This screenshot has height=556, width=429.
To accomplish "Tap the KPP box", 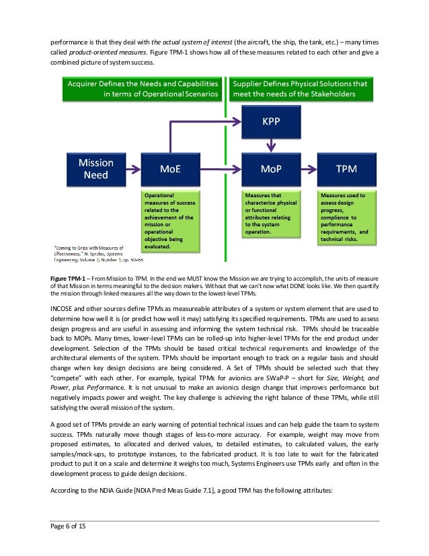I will [x=267, y=124].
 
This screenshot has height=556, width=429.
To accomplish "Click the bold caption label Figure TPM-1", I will [x=67, y=277].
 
